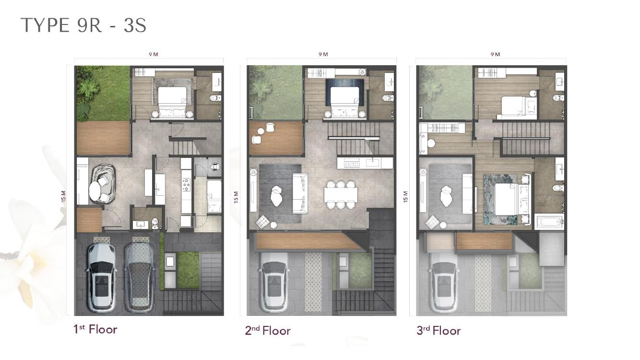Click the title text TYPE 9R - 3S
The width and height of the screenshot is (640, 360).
tap(83, 25)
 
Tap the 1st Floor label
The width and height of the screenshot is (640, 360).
tap(95, 329)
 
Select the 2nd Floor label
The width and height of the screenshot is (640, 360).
tap(268, 331)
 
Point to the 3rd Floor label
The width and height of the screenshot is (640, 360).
tap(439, 331)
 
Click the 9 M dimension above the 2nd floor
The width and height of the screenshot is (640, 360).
tap(323, 54)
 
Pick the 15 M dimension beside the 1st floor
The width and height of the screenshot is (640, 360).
tap(64, 196)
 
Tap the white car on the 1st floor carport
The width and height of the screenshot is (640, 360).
tap(102, 277)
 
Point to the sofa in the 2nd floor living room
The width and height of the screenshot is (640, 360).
tap(300, 193)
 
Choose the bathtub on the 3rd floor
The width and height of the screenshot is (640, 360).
tap(549, 222)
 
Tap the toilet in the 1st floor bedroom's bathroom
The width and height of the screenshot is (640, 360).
tap(216, 98)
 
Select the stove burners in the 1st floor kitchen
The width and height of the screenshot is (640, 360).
tap(186, 184)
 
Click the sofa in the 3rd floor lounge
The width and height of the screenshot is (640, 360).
tap(468, 193)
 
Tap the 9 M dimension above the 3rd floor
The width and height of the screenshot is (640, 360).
tap(495, 54)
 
